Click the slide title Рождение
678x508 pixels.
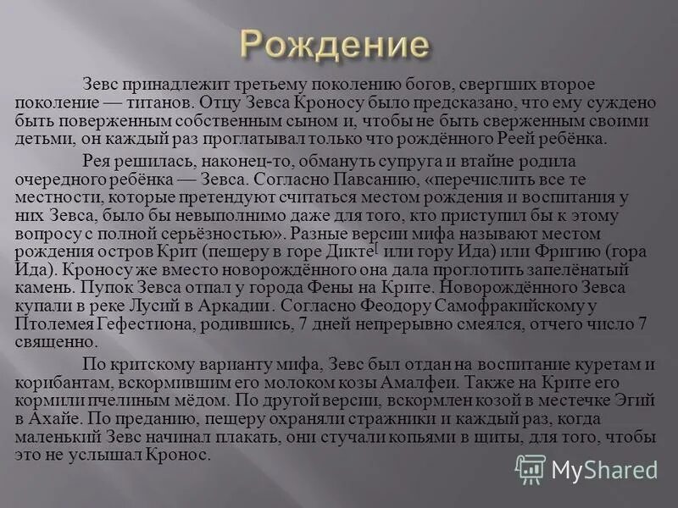[x=332, y=43]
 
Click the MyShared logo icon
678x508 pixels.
[x=531, y=468]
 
